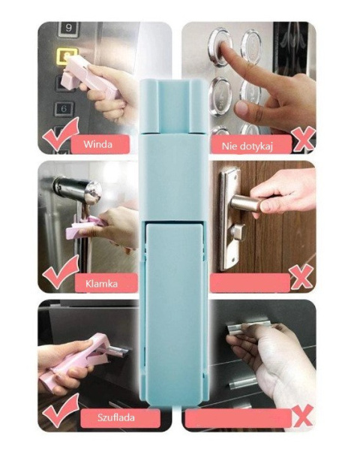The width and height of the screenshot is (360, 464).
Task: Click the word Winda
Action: pos(97,144)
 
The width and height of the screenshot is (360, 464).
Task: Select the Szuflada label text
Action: pos(116,417)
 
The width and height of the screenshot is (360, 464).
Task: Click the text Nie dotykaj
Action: pos(247,146)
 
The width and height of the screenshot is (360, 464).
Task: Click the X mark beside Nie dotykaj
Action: pos(303,138)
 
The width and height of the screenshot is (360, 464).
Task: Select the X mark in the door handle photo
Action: pos(301,277)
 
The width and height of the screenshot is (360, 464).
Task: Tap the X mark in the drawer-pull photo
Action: pos(302,415)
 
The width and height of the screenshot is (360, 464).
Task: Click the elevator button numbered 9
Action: pos(68,29)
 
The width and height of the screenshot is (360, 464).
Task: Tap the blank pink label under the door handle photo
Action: pos(250,283)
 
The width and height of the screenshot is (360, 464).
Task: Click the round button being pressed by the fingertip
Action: pos(220,44)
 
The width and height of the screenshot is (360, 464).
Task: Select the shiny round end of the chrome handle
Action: pos(93,192)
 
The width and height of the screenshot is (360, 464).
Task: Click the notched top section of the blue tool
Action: pos(173,106)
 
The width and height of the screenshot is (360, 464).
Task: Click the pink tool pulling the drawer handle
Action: pos(76,358)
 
